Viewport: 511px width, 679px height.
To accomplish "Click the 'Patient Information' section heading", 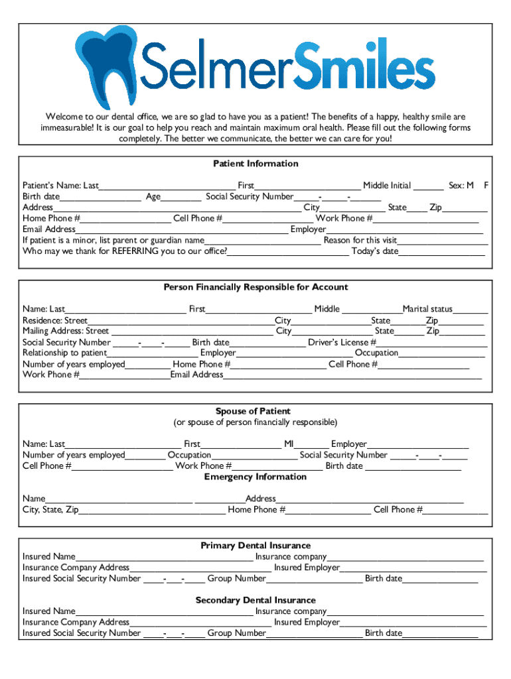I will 256,164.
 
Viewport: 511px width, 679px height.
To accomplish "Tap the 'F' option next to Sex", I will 486,186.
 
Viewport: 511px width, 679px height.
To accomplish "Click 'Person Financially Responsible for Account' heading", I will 256,287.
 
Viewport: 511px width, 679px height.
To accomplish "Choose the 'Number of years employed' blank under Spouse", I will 145,456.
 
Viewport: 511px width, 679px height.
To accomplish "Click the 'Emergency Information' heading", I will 256,477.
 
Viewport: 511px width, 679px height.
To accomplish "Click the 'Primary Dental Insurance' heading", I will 256,546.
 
